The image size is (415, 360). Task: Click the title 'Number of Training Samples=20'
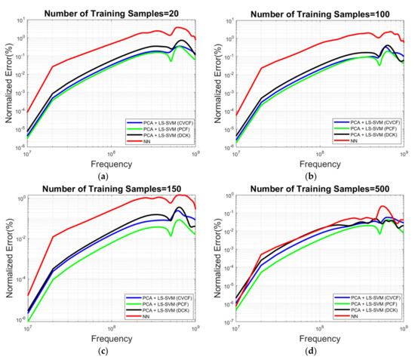coord(111,9)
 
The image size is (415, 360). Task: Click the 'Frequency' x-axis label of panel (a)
coord(112,162)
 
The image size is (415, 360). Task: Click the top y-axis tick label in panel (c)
coord(20,198)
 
